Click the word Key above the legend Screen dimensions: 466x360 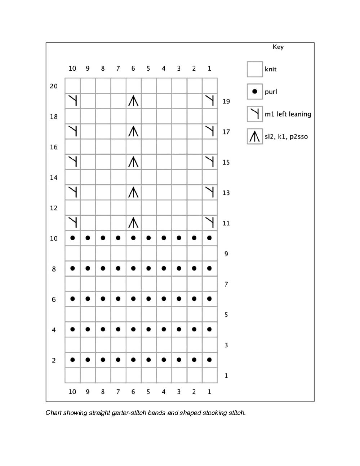(278, 47)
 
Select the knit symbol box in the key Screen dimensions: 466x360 (255, 69)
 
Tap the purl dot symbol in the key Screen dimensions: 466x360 (255, 92)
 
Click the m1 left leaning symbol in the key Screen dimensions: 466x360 (255, 114)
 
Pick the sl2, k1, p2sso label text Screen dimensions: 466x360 (286, 137)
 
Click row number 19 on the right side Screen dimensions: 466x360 (226, 101)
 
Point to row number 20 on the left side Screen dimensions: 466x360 (54, 86)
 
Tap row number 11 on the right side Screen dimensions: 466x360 (226, 223)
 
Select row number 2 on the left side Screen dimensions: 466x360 (54, 360)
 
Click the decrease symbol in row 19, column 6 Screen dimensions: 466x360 (133, 101)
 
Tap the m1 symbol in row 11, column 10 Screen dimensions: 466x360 (73, 223)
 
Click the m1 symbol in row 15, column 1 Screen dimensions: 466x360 (209, 162)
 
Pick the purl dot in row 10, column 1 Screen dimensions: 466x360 (209, 238)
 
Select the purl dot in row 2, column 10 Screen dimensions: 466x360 (73, 360)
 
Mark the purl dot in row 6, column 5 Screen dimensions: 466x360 (148, 299)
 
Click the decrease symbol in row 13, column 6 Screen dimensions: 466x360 (133, 192)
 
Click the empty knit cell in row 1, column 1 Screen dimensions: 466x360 (209, 375)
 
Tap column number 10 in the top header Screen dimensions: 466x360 (72, 69)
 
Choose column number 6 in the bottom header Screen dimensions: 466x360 (133, 392)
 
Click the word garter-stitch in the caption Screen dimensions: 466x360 (129, 413)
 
